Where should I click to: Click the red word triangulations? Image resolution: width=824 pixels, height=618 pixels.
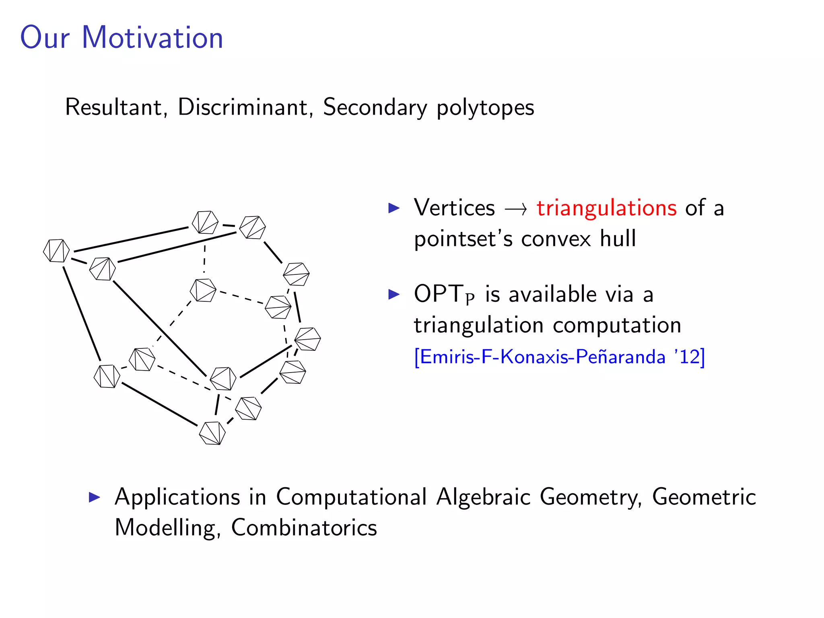tap(606, 208)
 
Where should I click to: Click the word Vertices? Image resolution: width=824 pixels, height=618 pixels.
tap(454, 208)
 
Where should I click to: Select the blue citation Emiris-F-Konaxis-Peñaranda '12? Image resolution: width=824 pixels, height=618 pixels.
tap(559, 357)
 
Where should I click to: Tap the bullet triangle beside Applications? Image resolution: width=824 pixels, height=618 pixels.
tap(94, 497)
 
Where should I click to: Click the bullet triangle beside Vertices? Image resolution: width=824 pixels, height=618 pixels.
tap(394, 208)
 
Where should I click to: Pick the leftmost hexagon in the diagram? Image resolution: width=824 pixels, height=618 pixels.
tap(56, 251)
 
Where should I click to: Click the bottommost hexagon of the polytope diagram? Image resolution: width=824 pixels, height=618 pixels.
tap(212, 433)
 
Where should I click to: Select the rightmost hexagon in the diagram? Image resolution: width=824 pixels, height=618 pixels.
tap(308, 339)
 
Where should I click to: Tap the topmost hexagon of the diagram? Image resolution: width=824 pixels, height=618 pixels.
tap(205, 222)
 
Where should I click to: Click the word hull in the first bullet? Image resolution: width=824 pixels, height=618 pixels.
tap(618, 238)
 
